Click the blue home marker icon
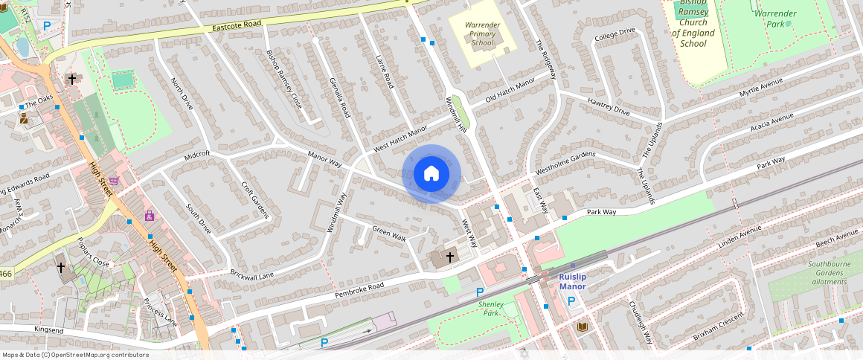coord(431,174)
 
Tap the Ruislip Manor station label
coord(573,281)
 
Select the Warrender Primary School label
coord(482,33)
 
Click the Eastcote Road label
coord(237,25)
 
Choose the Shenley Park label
coord(491,309)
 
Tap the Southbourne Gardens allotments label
coord(830,272)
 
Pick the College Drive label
coord(615,35)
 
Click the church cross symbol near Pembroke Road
coord(449,257)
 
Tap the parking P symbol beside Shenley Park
coord(479,292)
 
